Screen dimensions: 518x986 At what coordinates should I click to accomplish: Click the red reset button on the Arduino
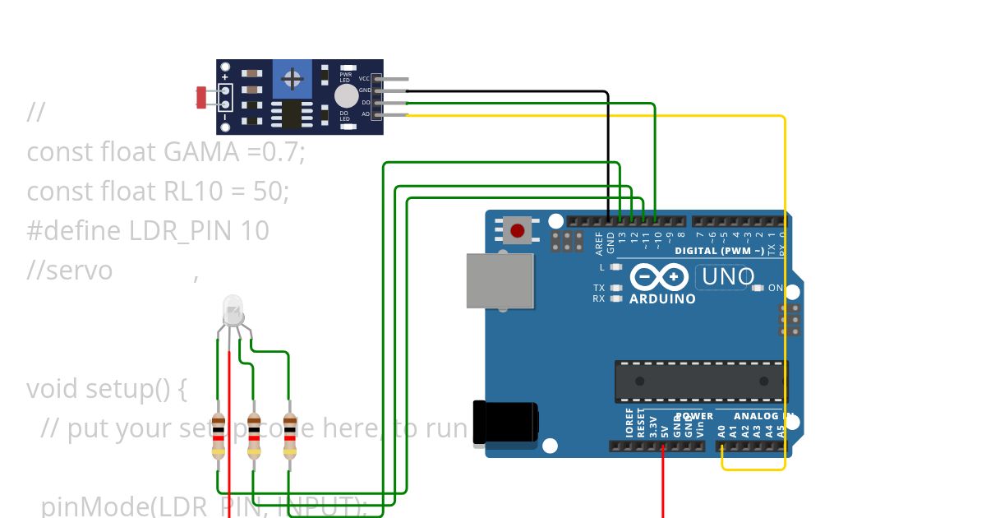518,230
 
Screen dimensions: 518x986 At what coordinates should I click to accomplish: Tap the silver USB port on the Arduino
500,280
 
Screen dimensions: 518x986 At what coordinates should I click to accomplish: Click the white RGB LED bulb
233,310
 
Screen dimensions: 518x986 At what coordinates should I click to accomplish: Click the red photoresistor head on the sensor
201,97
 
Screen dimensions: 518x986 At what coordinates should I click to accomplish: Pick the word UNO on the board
727,277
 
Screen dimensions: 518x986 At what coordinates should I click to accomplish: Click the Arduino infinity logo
660,277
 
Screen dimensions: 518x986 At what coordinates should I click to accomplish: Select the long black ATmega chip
701,382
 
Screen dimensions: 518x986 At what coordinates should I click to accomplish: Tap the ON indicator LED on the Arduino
758,289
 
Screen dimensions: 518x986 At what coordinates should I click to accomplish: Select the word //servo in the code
69,271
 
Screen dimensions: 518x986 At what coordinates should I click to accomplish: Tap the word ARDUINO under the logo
662,299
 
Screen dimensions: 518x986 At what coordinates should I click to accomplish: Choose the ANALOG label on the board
755,416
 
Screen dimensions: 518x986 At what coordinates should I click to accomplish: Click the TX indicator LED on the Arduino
615,288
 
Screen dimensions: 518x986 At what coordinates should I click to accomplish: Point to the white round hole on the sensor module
346,95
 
